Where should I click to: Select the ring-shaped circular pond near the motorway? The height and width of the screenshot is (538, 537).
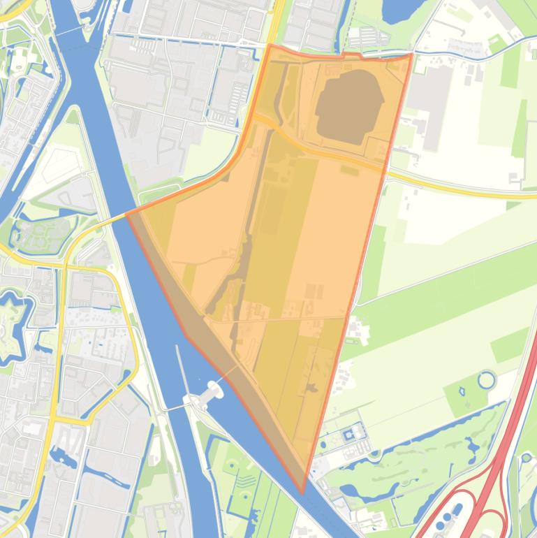486,381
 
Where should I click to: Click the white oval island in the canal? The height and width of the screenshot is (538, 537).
209,392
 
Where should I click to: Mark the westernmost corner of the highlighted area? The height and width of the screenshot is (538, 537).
128,213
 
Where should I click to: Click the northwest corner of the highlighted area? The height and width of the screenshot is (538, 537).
270,46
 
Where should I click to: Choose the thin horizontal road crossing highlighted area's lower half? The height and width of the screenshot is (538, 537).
279,319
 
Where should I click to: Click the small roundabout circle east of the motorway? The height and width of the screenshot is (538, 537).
526,458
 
